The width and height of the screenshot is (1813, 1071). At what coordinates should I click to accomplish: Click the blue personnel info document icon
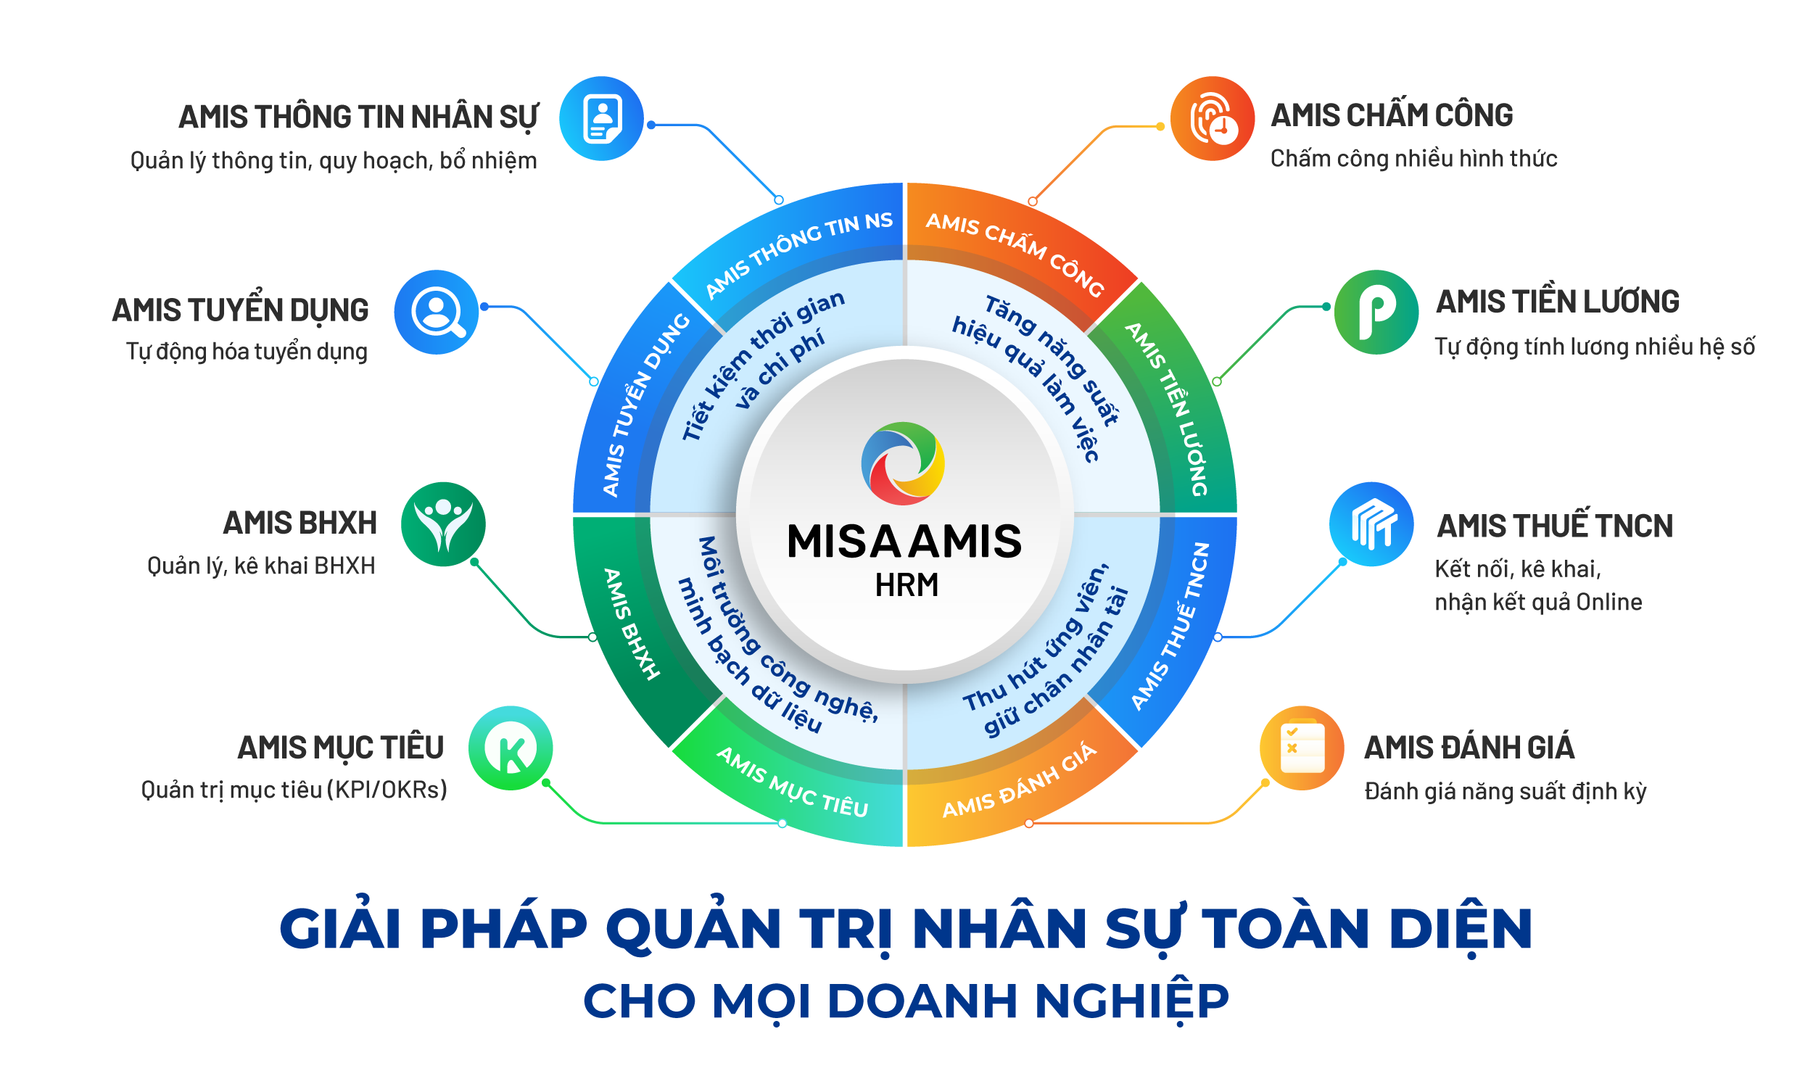601,118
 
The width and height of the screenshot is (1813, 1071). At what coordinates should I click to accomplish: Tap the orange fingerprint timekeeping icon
1212,118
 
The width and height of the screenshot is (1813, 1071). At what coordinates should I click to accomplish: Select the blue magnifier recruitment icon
437,312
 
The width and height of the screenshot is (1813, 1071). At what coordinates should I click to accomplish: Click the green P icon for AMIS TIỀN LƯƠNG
1376,312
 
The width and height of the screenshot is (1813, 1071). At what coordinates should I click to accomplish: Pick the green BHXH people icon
443,524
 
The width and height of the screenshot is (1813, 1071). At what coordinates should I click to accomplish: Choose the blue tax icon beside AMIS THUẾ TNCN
1371,524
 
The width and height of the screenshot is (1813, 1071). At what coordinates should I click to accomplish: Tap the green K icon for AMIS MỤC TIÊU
511,748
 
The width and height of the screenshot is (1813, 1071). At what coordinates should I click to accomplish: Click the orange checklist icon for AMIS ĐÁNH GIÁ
1302,748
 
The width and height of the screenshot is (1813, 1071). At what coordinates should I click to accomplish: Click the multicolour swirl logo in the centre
903,463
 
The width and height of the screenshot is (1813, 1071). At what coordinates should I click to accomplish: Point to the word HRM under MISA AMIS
906,585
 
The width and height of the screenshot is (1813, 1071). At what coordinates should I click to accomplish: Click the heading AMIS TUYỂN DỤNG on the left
240,310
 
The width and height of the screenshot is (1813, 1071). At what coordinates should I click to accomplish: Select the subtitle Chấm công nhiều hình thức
1413,159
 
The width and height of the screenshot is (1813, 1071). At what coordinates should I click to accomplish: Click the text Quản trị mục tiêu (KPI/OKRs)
294,790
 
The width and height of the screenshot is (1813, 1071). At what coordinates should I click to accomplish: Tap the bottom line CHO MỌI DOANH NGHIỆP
906,1001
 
